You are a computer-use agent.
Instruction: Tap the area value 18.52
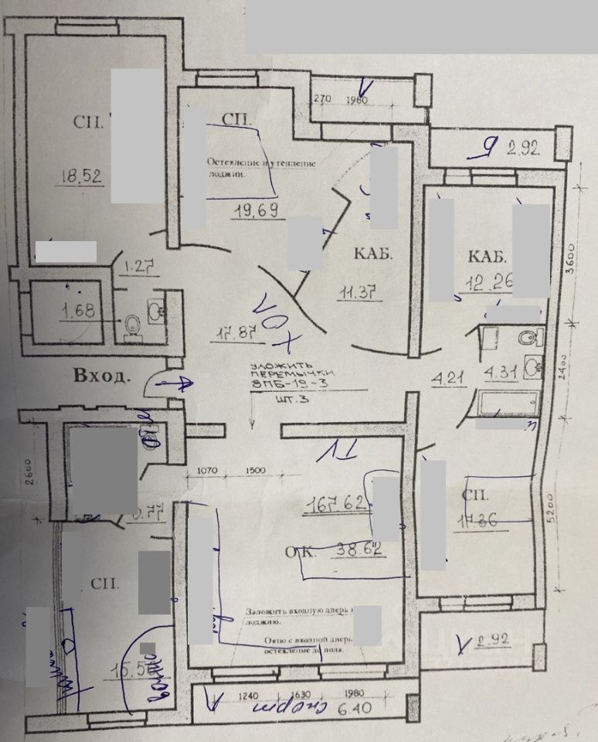click(x=80, y=175)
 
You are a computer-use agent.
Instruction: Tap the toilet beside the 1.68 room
click(x=132, y=325)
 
